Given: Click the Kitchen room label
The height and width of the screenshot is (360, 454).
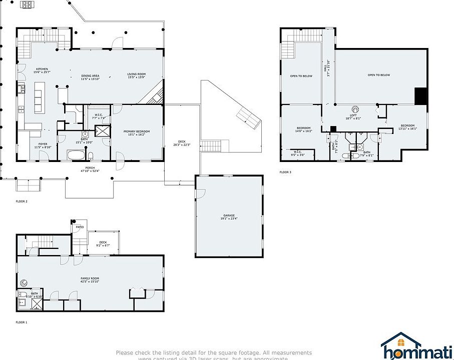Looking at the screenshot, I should click(42, 70).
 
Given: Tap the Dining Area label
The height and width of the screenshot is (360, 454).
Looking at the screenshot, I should click(91, 77).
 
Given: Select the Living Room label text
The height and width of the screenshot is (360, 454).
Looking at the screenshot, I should click(136, 76).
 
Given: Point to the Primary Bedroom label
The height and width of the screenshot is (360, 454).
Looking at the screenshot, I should click(137, 132).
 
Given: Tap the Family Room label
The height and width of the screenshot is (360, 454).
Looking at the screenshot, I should click(90, 279).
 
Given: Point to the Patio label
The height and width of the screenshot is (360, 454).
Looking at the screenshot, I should click(79, 227).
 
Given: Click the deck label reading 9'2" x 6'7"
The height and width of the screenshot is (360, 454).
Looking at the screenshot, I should click(103, 244).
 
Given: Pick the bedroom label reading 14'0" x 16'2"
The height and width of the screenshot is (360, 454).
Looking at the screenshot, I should click(303, 129).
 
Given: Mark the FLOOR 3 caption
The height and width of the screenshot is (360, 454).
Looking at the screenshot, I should click(285, 172).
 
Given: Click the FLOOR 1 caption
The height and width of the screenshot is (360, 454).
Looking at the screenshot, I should click(22, 322).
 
